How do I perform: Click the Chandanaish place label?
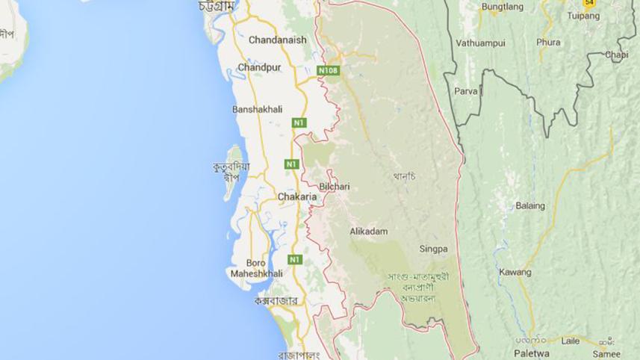277,40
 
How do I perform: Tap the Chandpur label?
259,68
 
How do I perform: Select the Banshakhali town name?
258,109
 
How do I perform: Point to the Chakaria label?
297,197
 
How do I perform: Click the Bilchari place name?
334,184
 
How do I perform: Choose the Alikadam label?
369,232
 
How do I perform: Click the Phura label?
548,43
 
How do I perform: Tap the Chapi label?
617,55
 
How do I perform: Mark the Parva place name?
466,91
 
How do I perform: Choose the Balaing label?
530,205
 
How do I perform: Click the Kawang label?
515,271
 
